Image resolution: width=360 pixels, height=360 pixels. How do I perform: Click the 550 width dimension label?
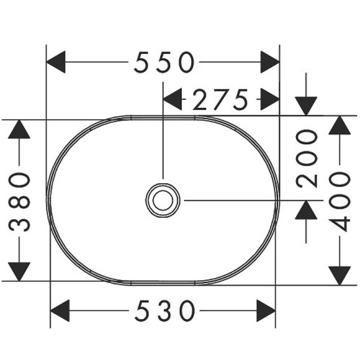pos(164,62)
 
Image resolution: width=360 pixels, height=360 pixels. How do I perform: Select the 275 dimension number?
pos(220,99)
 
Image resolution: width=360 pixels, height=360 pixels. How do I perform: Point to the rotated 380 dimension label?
pos(20,202)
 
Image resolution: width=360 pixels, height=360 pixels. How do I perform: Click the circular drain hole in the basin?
pos(163,200)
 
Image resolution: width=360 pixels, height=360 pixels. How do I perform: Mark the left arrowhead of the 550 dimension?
pos(56,62)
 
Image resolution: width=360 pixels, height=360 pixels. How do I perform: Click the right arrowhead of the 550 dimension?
pos(270,62)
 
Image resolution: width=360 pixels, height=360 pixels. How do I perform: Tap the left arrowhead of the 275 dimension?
pos(172,99)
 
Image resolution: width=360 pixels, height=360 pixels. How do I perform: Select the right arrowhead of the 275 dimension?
pos(269,99)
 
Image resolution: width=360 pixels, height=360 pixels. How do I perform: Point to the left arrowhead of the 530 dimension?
pos(60,309)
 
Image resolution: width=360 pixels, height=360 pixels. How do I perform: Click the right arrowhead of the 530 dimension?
pos(266,309)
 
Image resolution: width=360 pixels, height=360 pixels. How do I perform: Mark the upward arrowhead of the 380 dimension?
pos(20,129)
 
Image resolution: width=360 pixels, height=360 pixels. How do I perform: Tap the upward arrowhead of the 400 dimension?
pos(340,125)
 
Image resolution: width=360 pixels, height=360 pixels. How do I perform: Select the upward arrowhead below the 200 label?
pos(306,210)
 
